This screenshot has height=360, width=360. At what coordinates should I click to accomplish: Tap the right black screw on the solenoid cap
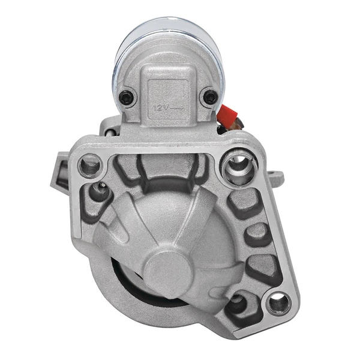point(209,97)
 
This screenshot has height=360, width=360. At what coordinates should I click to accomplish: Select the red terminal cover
point(227,115)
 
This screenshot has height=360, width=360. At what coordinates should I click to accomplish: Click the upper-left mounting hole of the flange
point(90,165)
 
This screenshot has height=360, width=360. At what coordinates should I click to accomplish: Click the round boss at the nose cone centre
point(169,269)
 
